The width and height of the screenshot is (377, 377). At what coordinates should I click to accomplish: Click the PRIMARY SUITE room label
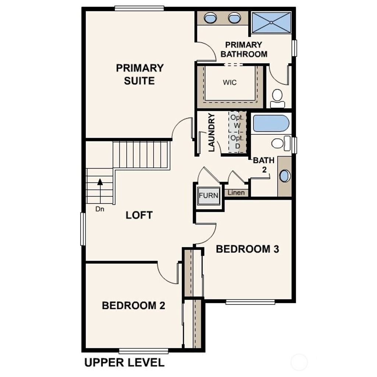(x=140, y=74)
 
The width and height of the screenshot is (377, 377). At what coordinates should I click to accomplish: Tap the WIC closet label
(x=230, y=82)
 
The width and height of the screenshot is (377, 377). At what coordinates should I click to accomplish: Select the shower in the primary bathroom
(x=272, y=22)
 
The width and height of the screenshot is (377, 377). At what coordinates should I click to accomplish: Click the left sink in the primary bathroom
(x=210, y=17)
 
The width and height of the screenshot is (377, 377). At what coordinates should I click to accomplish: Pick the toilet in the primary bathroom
(x=277, y=98)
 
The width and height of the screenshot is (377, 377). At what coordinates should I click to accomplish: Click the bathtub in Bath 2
(x=271, y=124)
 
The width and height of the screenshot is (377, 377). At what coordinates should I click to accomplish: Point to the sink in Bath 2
(x=285, y=176)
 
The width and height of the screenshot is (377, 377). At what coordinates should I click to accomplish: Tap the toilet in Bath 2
(x=280, y=143)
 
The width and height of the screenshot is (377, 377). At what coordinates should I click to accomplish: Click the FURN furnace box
(x=209, y=195)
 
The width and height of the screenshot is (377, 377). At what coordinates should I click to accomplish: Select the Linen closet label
(x=236, y=193)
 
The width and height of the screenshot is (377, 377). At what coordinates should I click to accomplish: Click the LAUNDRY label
(x=212, y=133)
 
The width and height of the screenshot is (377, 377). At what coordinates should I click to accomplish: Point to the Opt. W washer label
(x=236, y=122)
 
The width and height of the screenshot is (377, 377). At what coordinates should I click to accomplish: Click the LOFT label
(x=139, y=215)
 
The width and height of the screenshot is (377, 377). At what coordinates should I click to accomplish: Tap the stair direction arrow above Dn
(x=100, y=181)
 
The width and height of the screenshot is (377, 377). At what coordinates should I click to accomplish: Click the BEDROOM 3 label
(x=247, y=249)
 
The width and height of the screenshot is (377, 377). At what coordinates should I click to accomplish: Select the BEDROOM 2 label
(x=133, y=306)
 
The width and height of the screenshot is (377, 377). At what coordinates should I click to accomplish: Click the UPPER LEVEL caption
(x=124, y=363)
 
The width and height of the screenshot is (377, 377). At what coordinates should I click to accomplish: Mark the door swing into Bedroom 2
(x=168, y=274)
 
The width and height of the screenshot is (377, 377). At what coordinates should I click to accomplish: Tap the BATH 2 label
(x=264, y=165)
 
